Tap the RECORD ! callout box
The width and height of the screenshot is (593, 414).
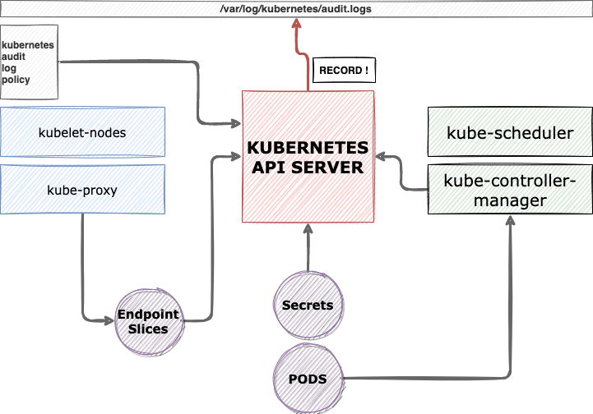(x=343, y=71)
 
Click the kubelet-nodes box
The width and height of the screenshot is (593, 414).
(x=82, y=131)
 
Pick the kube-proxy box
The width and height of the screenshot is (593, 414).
(x=82, y=190)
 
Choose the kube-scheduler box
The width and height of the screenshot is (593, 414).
(x=509, y=131)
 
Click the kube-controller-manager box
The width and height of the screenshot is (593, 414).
(x=509, y=190)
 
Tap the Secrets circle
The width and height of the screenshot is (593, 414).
(x=308, y=305)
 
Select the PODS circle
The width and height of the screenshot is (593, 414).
(x=308, y=379)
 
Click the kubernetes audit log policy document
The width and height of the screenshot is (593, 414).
(x=28, y=62)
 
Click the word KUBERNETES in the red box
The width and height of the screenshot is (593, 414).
(x=308, y=150)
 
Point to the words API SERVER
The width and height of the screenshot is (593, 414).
(x=308, y=168)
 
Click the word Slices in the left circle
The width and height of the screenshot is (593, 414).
(x=148, y=329)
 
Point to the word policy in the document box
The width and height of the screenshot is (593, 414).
(x=17, y=80)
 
